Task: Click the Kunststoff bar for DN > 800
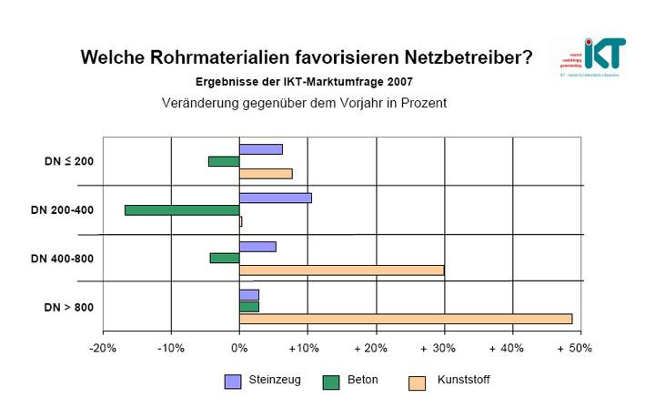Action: pyautogui.click(x=405, y=318)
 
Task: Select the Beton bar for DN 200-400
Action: pyautogui.click(x=182, y=209)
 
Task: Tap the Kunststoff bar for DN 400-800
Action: pyautogui.click(x=341, y=270)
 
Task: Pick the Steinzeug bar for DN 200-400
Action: pyautogui.click(x=275, y=198)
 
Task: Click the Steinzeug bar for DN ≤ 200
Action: pyautogui.click(x=260, y=149)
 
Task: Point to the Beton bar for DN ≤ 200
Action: pyautogui.click(x=224, y=161)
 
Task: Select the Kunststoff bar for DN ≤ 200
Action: pyautogui.click(x=266, y=173)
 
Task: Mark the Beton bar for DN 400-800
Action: pyautogui.click(x=225, y=258)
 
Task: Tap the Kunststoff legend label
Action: pyautogui.click(x=463, y=380)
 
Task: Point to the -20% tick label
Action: pyautogui.click(x=102, y=349)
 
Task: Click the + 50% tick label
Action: pyautogui.click(x=574, y=349)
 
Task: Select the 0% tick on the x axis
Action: pyautogui.click(x=239, y=349)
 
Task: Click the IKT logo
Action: pyautogui.click(x=591, y=56)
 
